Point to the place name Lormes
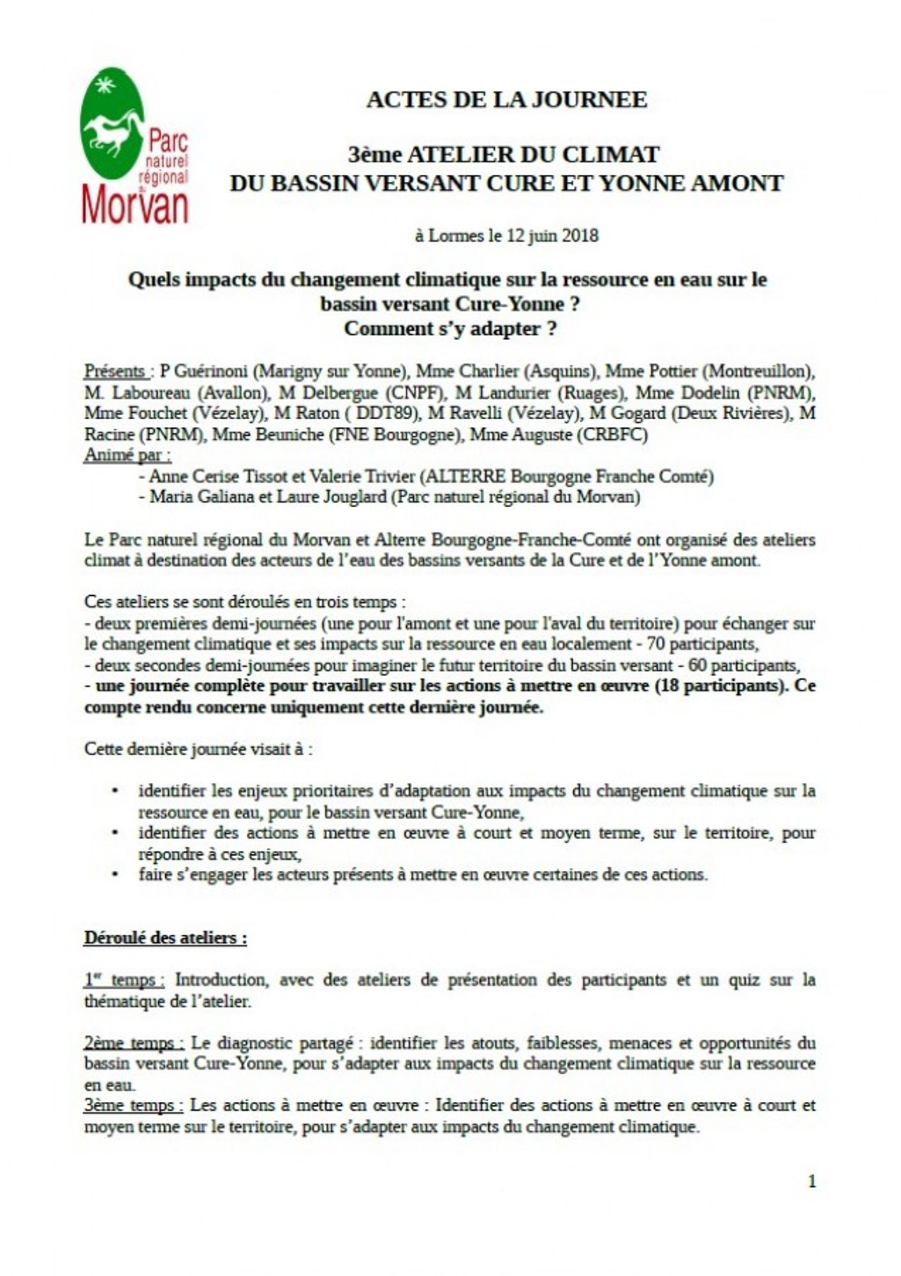click(x=455, y=235)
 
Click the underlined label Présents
click(x=115, y=371)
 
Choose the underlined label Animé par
click(x=128, y=456)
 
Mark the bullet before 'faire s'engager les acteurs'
click(x=115, y=874)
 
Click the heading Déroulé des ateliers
click(x=165, y=938)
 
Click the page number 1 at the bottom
click(x=812, y=1182)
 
